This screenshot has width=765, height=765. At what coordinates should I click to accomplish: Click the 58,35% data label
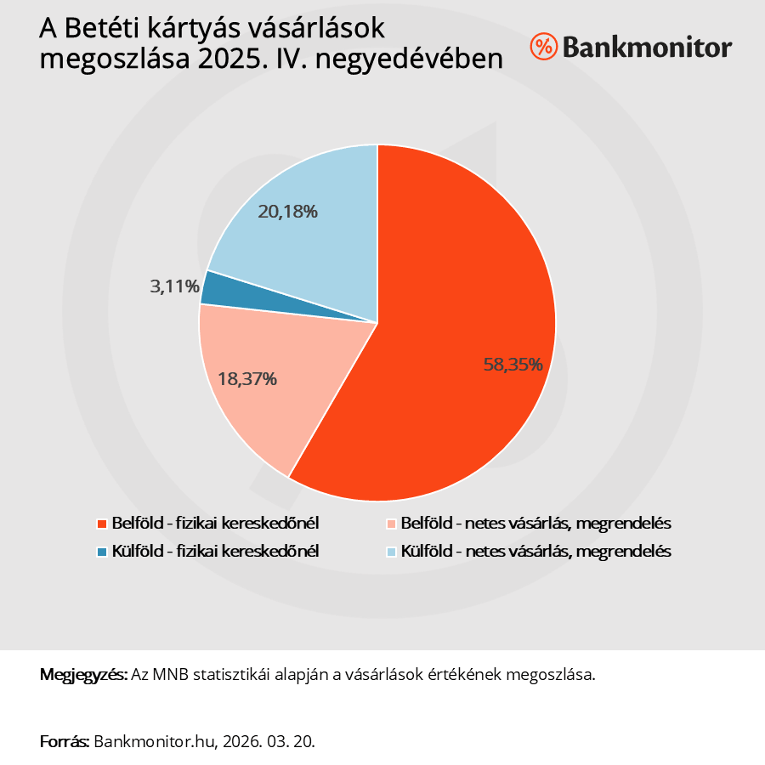pos(513,365)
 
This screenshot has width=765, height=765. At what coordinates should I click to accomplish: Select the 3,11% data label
pos(175,286)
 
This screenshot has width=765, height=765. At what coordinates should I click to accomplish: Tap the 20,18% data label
pos(288,212)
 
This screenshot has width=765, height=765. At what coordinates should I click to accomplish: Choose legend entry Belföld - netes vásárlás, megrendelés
pos(536,522)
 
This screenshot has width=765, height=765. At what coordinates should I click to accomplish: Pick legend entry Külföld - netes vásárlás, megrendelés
pos(536,551)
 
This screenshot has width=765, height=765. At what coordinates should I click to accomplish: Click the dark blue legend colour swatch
pos(103,552)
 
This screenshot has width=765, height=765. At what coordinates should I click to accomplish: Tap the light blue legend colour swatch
pos(392,552)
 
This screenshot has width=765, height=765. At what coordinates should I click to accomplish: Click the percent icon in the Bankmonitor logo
pos(542,47)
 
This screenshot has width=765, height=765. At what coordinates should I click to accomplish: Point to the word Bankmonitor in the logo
pos(646,47)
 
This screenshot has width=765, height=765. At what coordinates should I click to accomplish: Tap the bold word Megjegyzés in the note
pos(83,675)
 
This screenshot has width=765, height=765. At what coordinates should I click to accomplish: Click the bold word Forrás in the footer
pos(65,741)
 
